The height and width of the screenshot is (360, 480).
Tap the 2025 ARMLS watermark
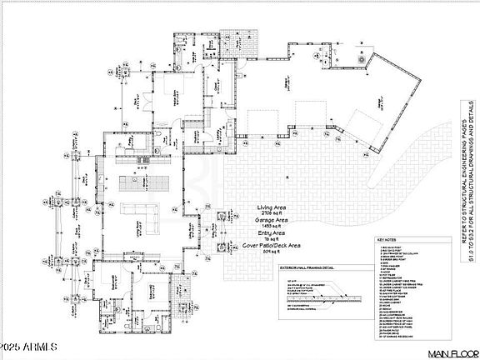(x=24, y=345)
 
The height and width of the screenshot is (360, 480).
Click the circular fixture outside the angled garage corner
(x=360, y=61)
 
